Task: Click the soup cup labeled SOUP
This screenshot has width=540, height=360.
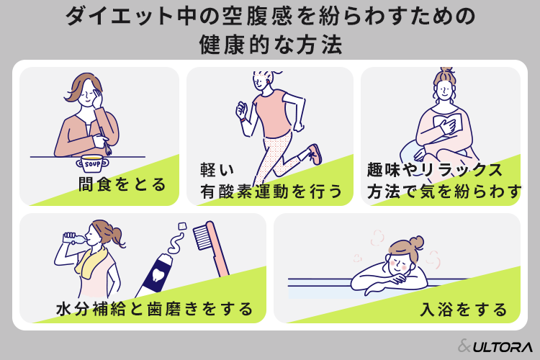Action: (92, 163)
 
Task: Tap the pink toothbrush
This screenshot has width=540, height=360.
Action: (211, 248)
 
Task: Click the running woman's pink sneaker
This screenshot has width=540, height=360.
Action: (315, 154)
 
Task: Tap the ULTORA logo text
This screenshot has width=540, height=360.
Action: (503, 347)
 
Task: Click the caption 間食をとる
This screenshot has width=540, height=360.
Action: (122, 184)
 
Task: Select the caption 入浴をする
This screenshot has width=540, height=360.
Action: (464, 309)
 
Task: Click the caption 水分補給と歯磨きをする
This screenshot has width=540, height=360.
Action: (155, 309)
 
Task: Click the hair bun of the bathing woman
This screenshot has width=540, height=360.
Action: (417, 242)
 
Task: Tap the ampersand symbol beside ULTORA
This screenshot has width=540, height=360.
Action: (464, 346)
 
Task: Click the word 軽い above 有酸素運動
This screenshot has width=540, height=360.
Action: (217, 170)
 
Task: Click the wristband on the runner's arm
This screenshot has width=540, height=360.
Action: (243, 120)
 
